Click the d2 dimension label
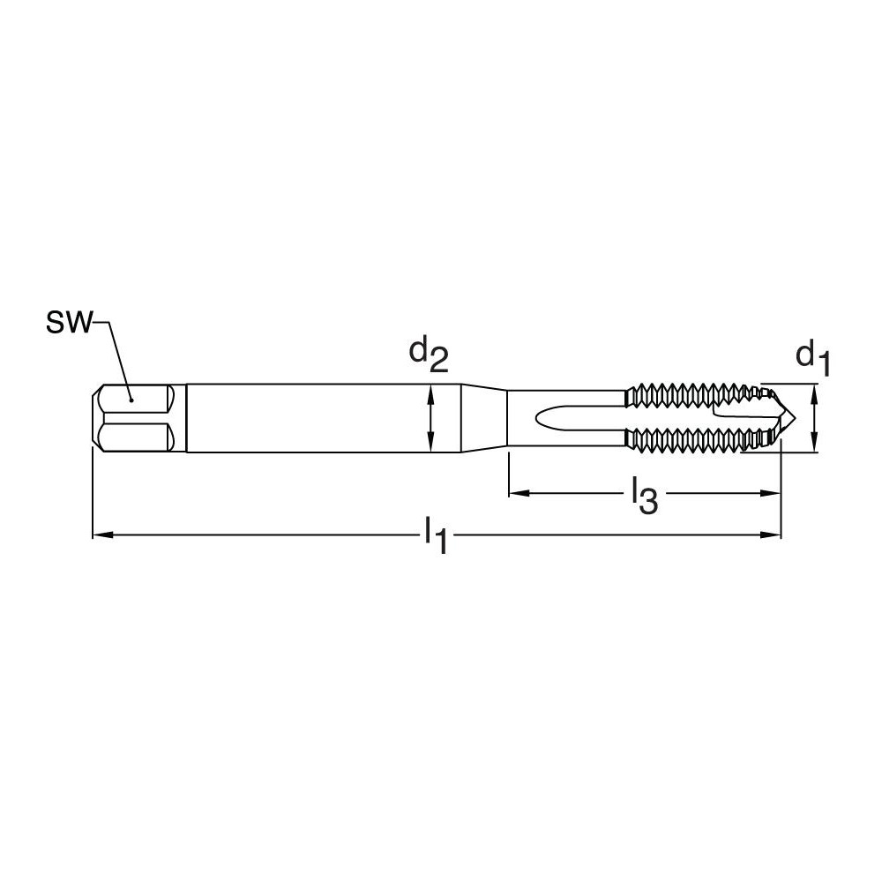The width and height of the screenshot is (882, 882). point(428,355)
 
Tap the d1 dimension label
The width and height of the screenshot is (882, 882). point(812,357)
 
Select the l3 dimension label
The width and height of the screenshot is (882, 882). point(644,497)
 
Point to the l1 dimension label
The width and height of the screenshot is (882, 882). point(436,535)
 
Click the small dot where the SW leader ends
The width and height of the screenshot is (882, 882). point(131,399)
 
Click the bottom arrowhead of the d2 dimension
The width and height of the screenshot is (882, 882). point(430,447)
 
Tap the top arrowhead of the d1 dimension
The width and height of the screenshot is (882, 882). point(814,390)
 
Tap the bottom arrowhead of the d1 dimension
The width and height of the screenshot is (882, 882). point(814,448)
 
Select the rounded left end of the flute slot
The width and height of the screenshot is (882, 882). point(541,419)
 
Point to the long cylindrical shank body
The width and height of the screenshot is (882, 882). point(318,419)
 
